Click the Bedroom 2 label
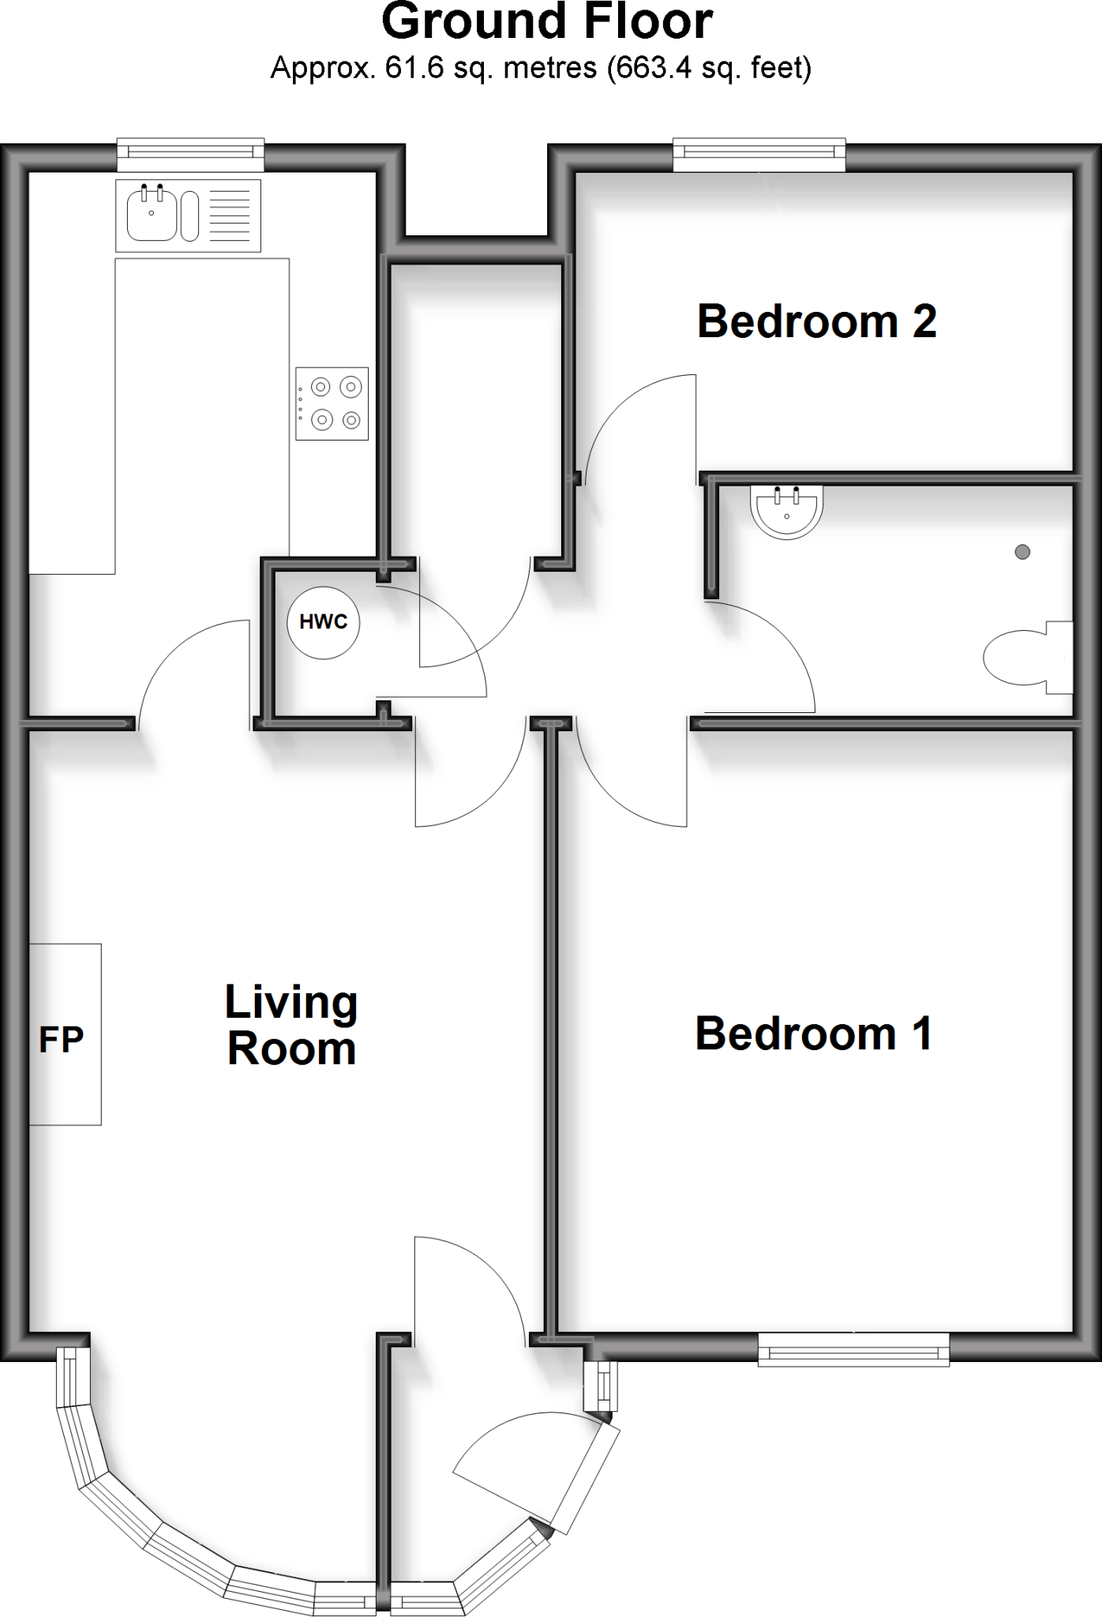click(x=816, y=322)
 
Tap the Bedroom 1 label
click(x=813, y=1034)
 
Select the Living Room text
click(x=291, y=1026)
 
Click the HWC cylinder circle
click(x=323, y=622)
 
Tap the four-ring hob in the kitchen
click(x=332, y=403)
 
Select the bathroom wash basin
click(x=788, y=508)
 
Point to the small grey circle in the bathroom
click(x=1022, y=552)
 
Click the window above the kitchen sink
click(x=190, y=156)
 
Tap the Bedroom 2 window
click(x=759, y=156)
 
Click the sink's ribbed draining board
click(x=230, y=216)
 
